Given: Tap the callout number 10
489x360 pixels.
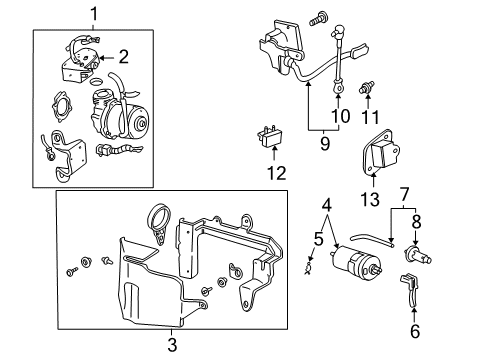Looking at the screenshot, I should coord(343,117).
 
